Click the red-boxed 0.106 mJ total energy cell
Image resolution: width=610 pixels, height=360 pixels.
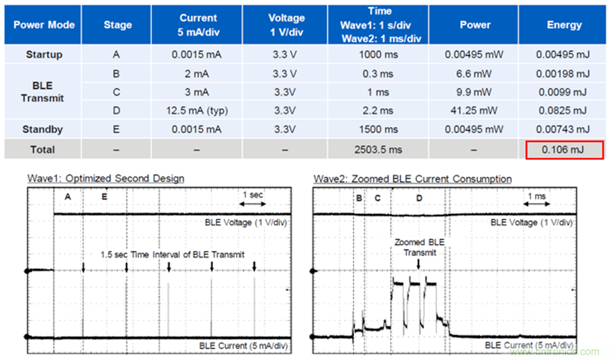click(564, 149)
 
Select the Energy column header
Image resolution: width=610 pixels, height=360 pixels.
click(564, 25)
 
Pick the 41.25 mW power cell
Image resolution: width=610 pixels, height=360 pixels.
click(475, 111)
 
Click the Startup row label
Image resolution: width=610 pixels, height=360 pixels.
click(43, 54)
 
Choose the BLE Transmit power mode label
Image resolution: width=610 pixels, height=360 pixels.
click(42, 92)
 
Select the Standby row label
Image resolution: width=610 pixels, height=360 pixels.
click(43, 130)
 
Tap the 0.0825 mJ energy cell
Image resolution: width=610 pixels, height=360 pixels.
click(564, 111)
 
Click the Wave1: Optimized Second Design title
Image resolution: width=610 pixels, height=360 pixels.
click(106, 178)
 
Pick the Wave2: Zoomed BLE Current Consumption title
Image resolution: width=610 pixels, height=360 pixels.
click(413, 178)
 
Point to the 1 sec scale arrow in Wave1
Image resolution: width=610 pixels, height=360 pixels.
click(253, 204)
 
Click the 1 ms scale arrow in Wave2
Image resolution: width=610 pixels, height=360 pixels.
click(537, 204)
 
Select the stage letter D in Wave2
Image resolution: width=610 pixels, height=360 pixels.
click(419, 198)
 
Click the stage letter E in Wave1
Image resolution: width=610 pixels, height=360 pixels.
click(104, 197)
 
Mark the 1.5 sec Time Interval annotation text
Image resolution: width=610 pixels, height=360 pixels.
click(173, 255)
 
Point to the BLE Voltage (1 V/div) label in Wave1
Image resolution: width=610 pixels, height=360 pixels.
click(246, 222)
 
